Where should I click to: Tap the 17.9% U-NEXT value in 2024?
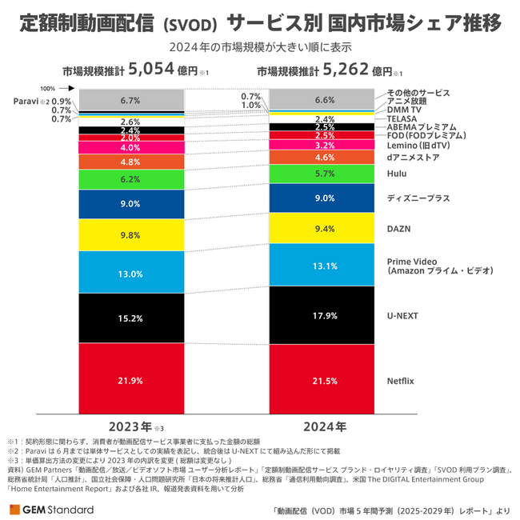[x=325, y=315]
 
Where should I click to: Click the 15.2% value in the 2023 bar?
[x=130, y=318]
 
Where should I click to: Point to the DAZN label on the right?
[x=398, y=229]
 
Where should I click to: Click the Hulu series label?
[x=398, y=173]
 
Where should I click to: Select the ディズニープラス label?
[x=418, y=198]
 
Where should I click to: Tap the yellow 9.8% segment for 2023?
[x=130, y=234]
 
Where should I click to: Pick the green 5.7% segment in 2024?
[x=325, y=174]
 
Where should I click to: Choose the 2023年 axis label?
[x=128, y=425]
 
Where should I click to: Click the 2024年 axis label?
[x=324, y=425]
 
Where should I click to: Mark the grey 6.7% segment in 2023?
[x=130, y=100]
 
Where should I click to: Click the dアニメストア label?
[x=412, y=158]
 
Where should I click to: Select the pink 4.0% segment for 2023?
[x=130, y=147]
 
